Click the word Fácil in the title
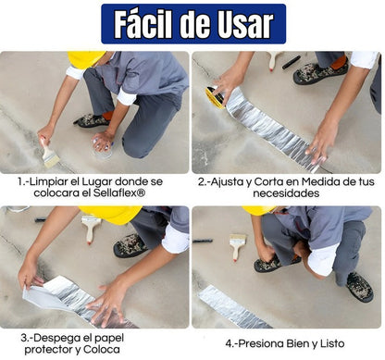tap(144, 25)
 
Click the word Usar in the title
tap(242, 25)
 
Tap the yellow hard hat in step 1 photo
tap(86, 60)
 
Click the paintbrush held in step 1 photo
tap(50, 154)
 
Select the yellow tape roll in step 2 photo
tap(216, 96)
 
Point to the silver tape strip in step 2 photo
tap(268, 129)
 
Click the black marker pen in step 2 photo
tap(292, 62)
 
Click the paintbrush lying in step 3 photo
tap(91, 225)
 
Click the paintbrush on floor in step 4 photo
tap(237, 244)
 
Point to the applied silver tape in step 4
tap(236, 305)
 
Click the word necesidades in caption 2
tap(287, 194)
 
